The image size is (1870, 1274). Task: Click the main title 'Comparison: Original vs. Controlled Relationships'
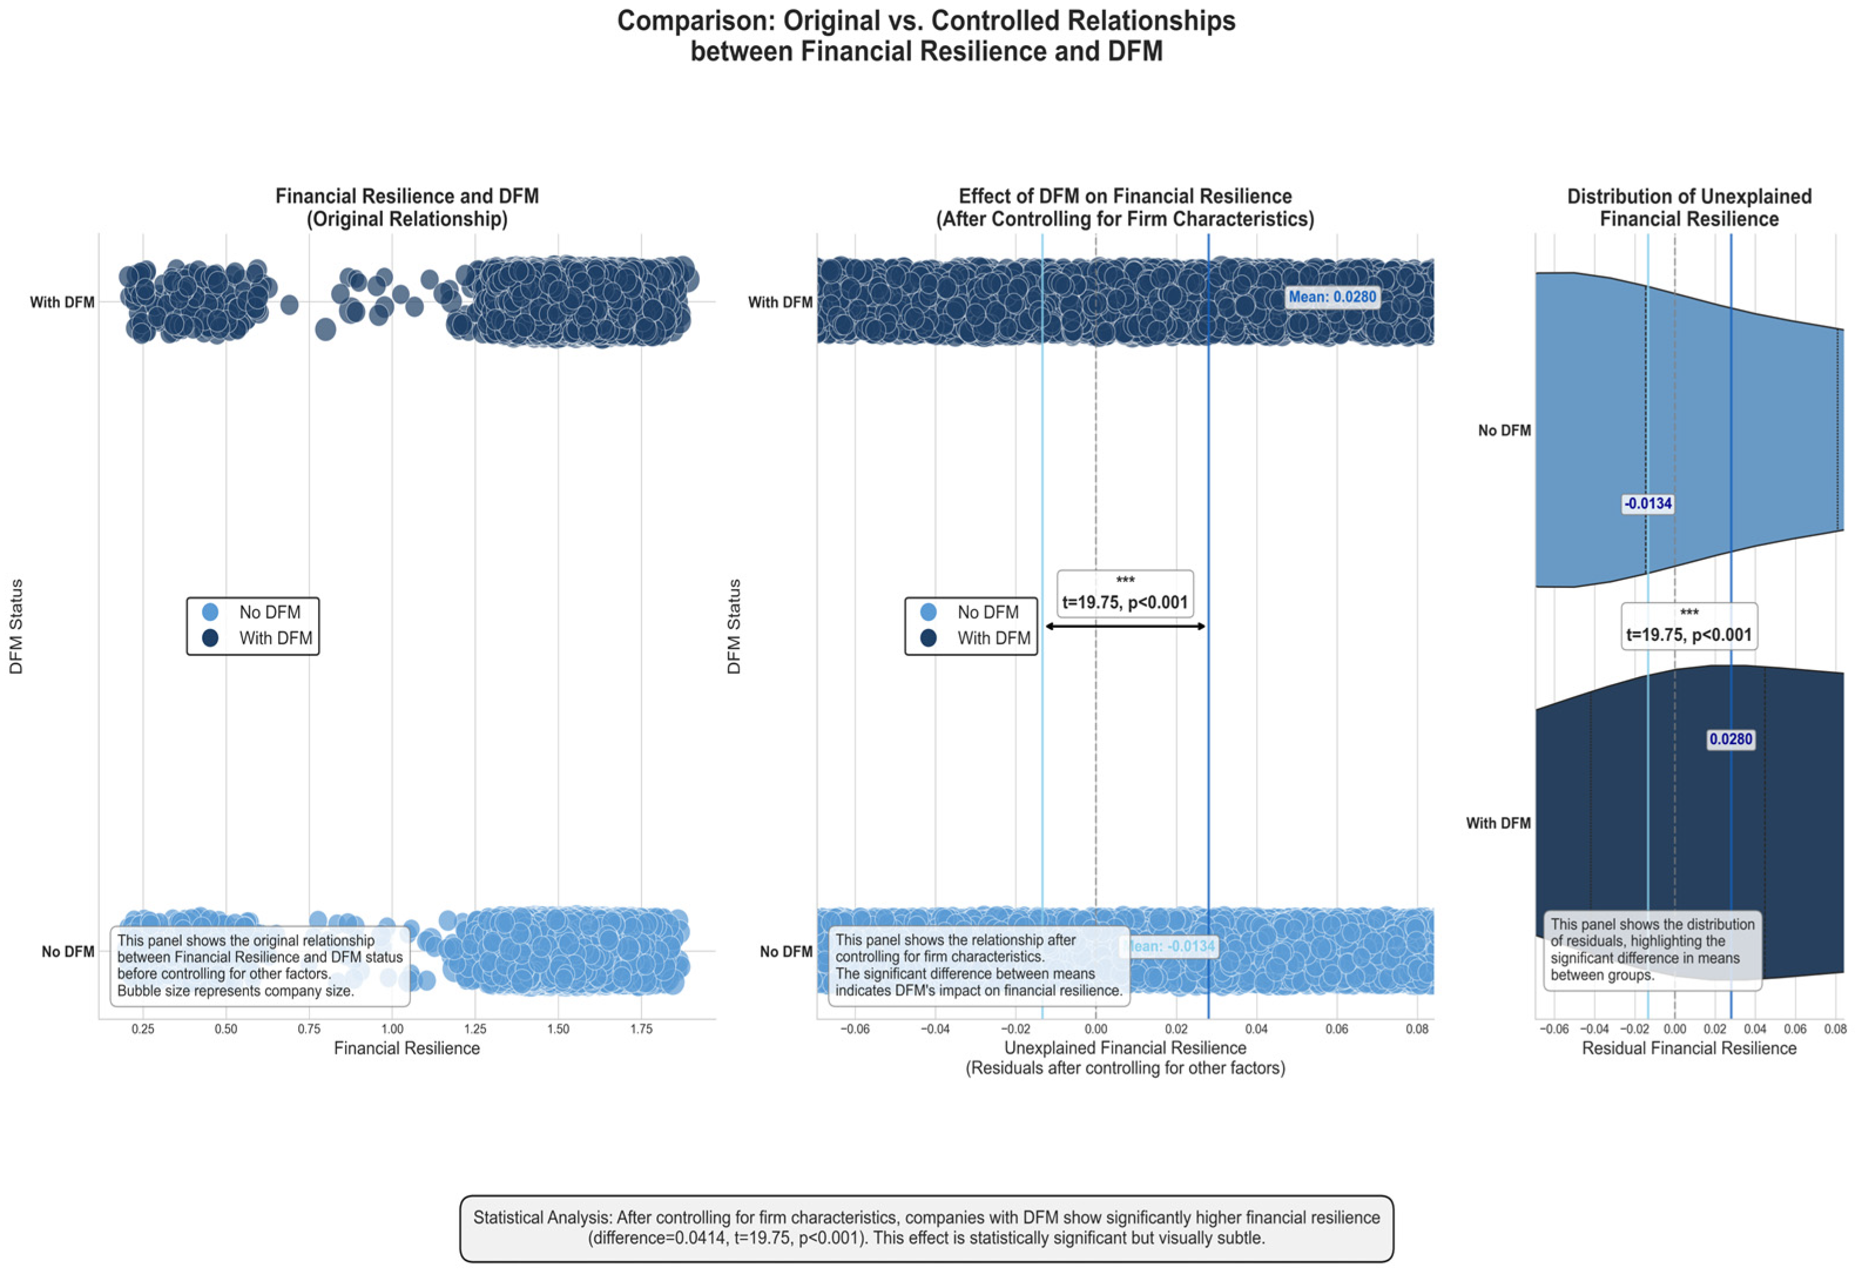tap(926, 21)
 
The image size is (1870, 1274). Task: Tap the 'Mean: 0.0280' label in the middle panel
tap(1332, 297)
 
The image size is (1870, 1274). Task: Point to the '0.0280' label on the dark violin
tap(1730, 739)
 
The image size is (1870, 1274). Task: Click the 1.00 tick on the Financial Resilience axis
tap(392, 1029)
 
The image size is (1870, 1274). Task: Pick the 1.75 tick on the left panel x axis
tap(642, 1029)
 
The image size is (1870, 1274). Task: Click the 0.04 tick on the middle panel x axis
tap(1256, 1029)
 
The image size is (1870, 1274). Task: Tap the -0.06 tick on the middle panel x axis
tap(855, 1029)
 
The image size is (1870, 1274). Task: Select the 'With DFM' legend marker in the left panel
tap(211, 638)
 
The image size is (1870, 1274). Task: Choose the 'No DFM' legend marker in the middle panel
tap(929, 612)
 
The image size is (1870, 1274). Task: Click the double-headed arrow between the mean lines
tap(1125, 626)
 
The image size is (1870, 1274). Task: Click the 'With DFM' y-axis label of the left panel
tap(62, 302)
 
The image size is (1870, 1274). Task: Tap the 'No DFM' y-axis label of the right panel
tap(1504, 430)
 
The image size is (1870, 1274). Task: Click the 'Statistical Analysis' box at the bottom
tap(926, 1228)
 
